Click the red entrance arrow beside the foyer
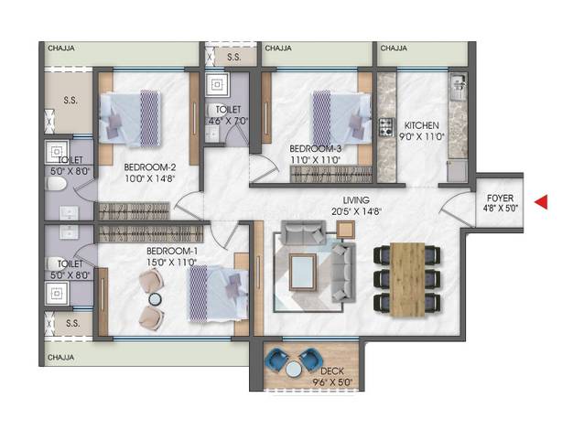click(542, 202)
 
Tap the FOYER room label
click(500, 199)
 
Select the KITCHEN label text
click(421, 125)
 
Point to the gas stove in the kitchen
click(386, 127)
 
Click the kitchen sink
click(458, 87)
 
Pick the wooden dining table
click(407, 279)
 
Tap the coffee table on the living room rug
click(303, 272)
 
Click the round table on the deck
click(294, 371)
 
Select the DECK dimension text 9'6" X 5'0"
click(332, 382)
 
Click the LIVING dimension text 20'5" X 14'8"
click(356, 211)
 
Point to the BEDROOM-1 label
click(172, 251)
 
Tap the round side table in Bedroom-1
click(155, 299)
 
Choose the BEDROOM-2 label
click(150, 167)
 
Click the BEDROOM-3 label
click(316, 149)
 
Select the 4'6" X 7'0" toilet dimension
click(228, 121)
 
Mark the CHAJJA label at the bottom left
click(61, 358)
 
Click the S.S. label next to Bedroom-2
click(70, 100)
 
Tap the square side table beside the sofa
click(346, 230)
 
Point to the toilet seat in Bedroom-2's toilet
click(56, 183)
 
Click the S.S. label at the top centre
click(234, 58)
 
